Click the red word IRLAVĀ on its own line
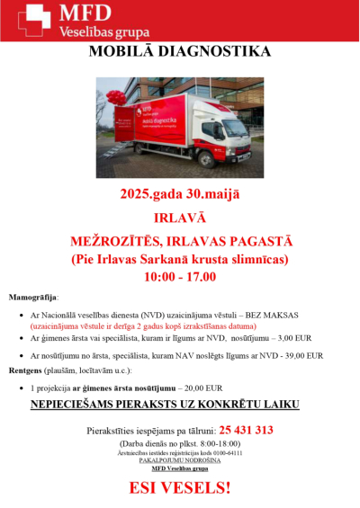(181, 218)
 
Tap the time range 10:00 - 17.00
(180, 277)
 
